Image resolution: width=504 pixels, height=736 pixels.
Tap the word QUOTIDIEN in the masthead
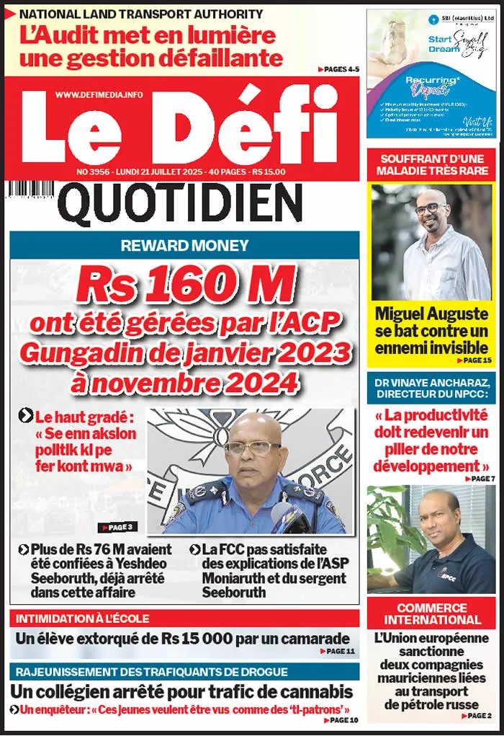(180, 203)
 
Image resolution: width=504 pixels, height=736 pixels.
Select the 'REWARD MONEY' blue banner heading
(184, 245)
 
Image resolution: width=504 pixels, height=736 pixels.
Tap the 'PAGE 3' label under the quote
(117, 527)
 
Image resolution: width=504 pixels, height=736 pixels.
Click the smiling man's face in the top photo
(431, 208)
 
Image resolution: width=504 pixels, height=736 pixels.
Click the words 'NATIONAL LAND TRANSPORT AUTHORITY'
(141, 14)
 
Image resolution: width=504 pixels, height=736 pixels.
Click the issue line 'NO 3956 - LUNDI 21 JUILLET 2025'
(158, 172)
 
